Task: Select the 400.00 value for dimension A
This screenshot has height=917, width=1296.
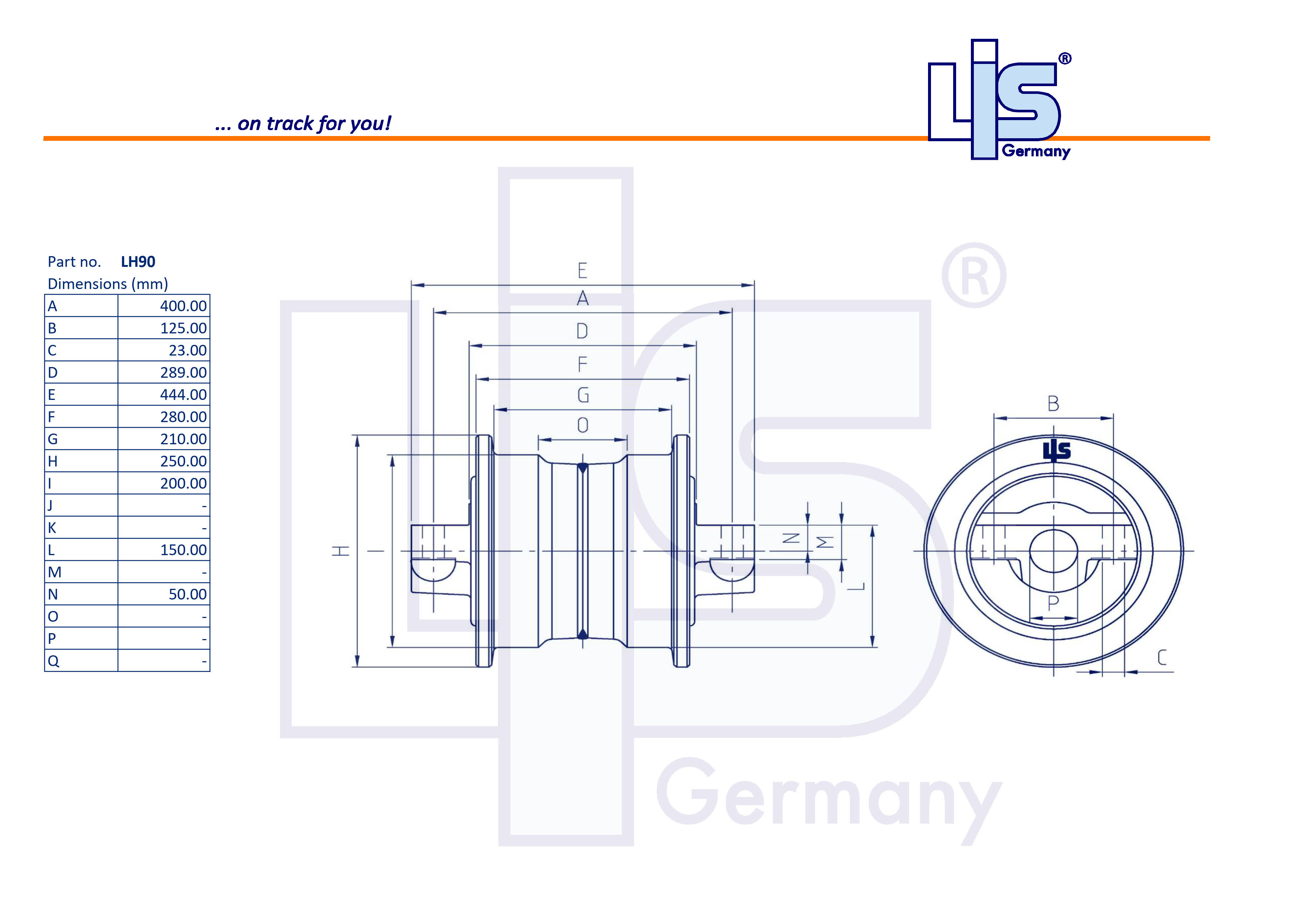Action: point(184,306)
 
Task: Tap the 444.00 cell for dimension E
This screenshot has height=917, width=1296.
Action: point(184,395)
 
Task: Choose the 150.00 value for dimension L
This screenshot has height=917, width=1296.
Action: point(184,550)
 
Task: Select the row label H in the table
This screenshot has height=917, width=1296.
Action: point(52,461)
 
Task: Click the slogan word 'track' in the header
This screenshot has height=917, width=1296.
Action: point(290,123)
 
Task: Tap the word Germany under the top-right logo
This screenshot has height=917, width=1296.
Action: point(1036,151)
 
